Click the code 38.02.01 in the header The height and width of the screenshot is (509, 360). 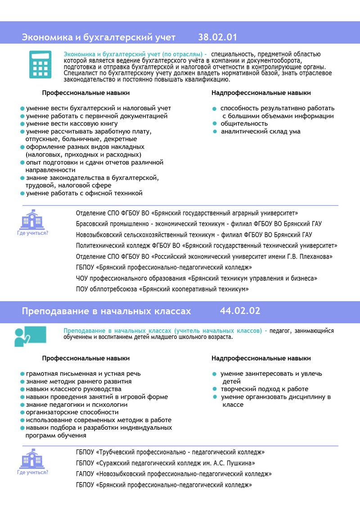point(217,37)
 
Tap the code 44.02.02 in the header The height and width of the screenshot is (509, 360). point(240,311)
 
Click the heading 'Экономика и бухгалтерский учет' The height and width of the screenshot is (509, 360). point(99,37)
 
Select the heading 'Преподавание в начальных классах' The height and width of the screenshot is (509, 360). point(106,311)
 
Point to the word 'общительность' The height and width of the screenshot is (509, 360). point(244,123)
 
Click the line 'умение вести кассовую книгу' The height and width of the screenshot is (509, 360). point(72,123)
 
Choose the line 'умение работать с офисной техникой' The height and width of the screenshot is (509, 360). point(84,193)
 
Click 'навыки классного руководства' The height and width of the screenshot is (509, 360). point(73,389)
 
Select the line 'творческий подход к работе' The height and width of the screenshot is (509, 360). point(264,389)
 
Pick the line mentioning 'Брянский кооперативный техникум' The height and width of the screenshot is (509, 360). point(162,289)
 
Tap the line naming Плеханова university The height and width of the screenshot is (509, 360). point(204,257)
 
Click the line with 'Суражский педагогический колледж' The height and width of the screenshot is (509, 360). point(166,463)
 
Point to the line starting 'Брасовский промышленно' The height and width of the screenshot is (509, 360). point(199,224)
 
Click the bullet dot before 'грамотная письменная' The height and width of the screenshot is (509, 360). point(22,374)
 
